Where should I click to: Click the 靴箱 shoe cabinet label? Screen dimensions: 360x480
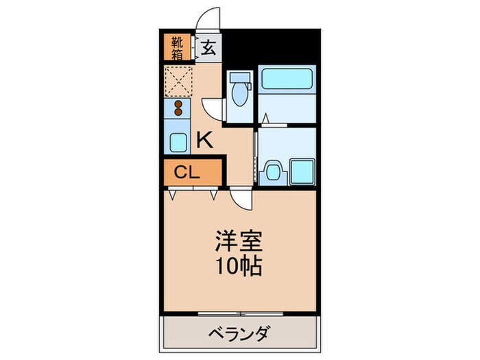point(178,46)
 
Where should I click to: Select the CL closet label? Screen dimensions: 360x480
point(187,172)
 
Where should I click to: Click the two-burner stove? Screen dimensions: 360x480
point(178,108)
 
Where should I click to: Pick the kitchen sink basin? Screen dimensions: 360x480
point(178,143)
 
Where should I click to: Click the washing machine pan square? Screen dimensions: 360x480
point(302,171)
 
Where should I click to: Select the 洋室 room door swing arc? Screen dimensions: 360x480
point(242,199)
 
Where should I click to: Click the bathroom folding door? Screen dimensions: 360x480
point(274,124)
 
